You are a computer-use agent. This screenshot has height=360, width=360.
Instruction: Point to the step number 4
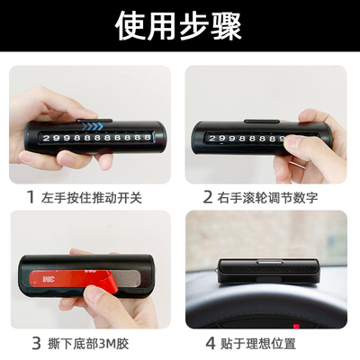click(x=211, y=342)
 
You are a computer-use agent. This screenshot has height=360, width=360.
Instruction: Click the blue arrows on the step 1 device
click(x=89, y=125)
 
